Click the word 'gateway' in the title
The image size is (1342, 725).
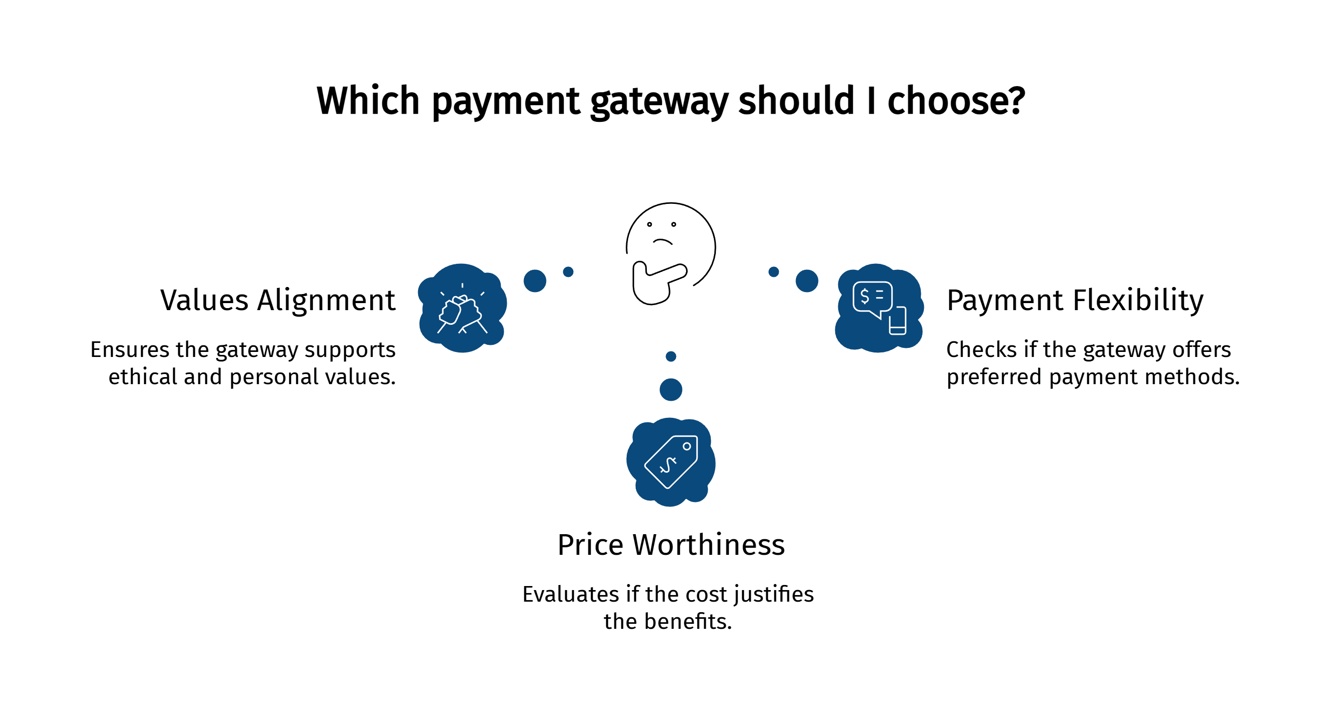(659, 101)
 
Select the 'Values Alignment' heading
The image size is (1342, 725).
(278, 301)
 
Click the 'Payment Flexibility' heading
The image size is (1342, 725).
(1075, 301)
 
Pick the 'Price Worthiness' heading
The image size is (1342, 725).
(671, 545)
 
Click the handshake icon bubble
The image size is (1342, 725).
(462, 308)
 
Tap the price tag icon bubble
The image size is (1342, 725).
(671, 462)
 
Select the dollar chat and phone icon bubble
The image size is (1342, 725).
(879, 308)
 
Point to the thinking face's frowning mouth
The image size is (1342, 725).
(662, 242)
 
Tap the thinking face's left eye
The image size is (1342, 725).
(650, 225)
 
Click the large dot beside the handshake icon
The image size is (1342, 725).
(535, 281)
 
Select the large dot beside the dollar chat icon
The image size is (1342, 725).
(807, 281)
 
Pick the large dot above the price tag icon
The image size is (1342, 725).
(671, 390)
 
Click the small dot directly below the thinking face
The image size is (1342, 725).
(671, 357)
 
